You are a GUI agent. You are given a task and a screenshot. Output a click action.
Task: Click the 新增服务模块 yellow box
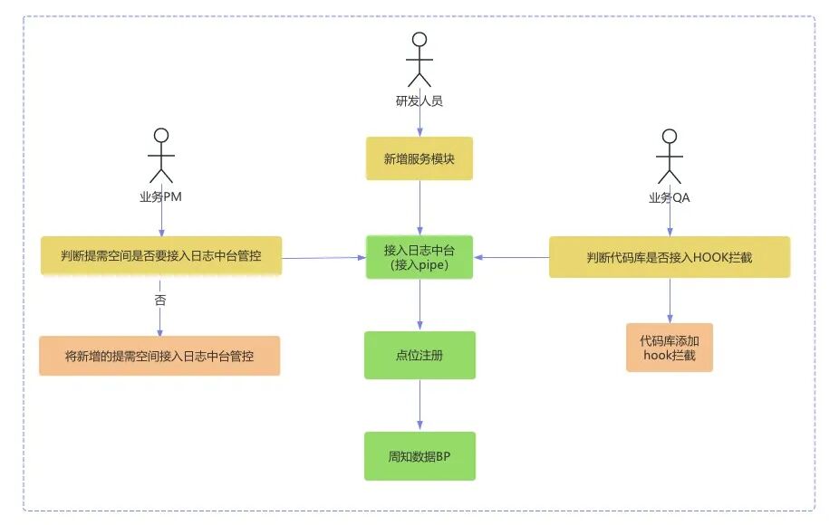tap(419, 158)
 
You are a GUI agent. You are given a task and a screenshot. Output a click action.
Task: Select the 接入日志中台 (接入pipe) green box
tap(419, 257)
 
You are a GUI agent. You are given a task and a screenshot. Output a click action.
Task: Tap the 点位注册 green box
tap(419, 355)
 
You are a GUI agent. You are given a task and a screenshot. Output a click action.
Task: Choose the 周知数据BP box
tap(419, 455)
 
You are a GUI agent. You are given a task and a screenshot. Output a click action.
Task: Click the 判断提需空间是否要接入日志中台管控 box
tap(161, 256)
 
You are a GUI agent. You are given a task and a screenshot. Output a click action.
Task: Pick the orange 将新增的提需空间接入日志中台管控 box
tap(159, 356)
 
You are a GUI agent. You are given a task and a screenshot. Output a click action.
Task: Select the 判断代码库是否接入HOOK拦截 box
tap(670, 257)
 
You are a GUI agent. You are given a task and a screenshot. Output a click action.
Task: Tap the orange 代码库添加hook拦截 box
tap(670, 348)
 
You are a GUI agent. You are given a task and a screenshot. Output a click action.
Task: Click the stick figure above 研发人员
tap(419, 59)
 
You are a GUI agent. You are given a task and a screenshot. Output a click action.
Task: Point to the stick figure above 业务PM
tap(161, 155)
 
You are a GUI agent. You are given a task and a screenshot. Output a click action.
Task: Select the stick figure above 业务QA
tap(670, 155)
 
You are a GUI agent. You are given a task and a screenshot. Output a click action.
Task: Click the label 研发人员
tap(419, 100)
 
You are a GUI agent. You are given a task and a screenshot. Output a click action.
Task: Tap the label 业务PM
tap(161, 196)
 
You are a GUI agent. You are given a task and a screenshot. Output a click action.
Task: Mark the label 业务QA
tap(670, 196)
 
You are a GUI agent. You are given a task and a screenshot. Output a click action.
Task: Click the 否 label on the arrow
tap(161, 300)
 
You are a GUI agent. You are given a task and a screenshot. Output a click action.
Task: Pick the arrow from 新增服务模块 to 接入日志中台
tap(419, 207)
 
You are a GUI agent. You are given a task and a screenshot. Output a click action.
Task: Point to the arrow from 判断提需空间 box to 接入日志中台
tap(323, 258)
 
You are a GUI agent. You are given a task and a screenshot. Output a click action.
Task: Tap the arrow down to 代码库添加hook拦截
tap(670, 300)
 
